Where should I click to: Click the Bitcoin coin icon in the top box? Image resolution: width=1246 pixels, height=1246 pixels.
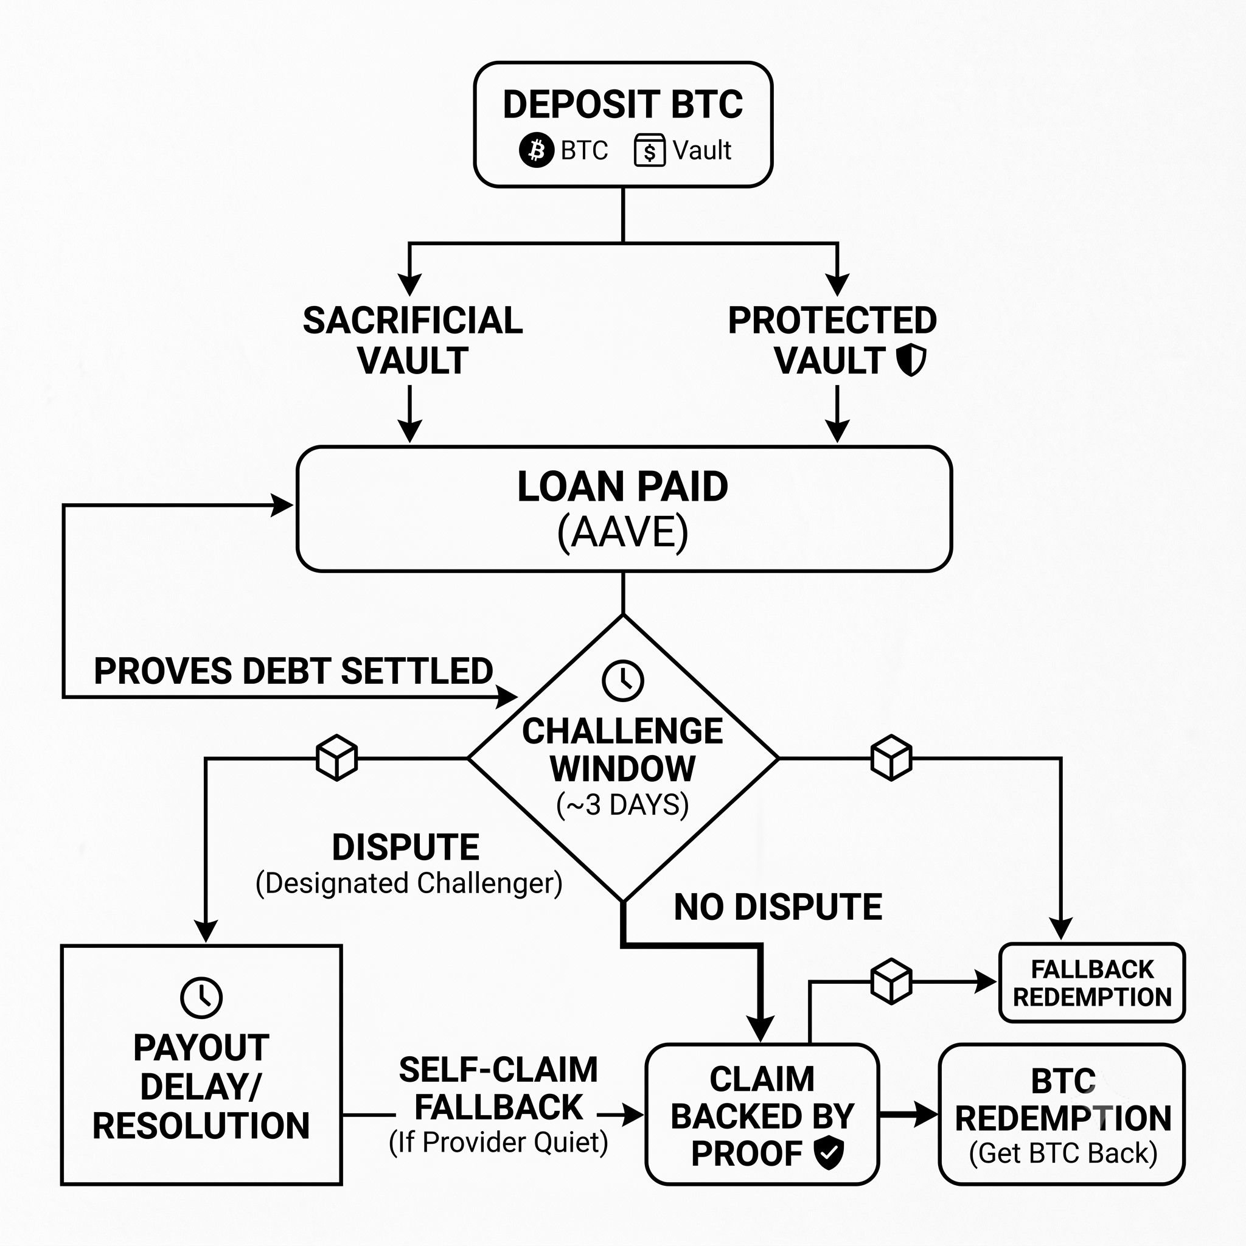click(x=536, y=150)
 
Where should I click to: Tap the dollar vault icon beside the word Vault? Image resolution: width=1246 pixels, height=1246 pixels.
click(x=649, y=150)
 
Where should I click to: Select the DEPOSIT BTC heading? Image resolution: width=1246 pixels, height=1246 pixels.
click(x=623, y=105)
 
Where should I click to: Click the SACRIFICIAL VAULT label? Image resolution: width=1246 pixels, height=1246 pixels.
click(x=412, y=340)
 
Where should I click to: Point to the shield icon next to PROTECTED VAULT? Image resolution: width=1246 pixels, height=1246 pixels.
click(x=912, y=360)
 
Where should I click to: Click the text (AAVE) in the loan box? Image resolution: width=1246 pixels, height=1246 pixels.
click(x=623, y=532)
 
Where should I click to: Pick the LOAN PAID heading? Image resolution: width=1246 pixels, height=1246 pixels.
click(x=623, y=486)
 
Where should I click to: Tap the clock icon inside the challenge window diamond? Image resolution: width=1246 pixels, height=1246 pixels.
click(x=623, y=680)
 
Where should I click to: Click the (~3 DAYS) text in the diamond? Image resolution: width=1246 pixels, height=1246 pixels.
click(x=623, y=805)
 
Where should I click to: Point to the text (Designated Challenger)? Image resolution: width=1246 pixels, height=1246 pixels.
click(x=409, y=883)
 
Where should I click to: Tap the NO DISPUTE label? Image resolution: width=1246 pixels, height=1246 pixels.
click(x=778, y=907)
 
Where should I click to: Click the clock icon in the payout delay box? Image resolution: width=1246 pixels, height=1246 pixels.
click(x=201, y=997)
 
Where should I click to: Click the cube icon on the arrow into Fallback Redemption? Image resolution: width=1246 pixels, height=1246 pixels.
click(x=891, y=981)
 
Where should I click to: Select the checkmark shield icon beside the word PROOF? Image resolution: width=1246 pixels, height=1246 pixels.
click(x=829, y=1153)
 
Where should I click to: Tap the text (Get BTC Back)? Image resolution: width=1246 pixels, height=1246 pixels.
click(x=1063, y=1153)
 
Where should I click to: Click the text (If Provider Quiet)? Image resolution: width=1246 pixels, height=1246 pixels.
click(x=498, y=1142)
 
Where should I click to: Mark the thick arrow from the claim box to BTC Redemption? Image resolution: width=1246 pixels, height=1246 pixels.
click(x=909, y=1114)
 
